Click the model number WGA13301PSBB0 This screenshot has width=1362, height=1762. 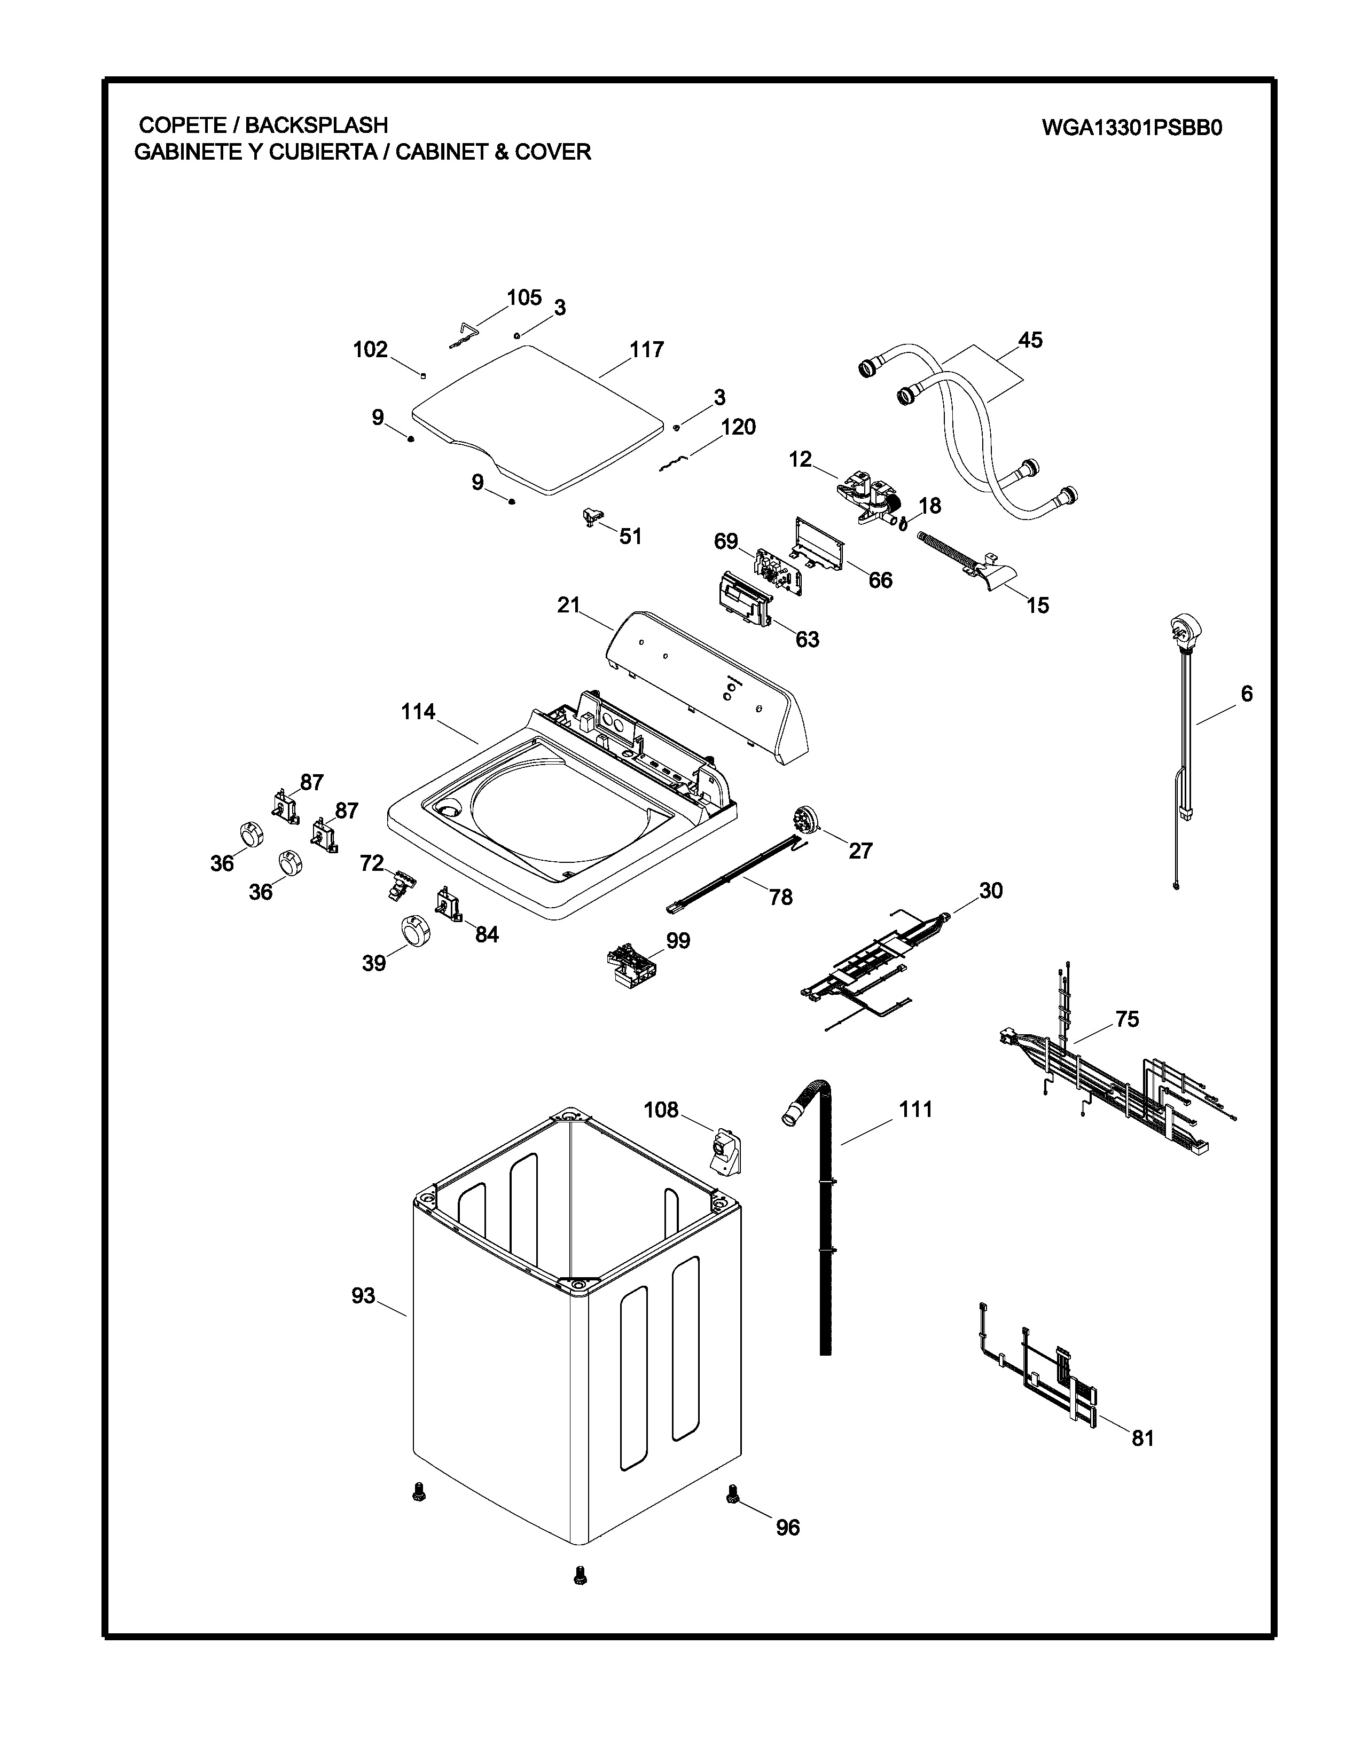coord(1131,128)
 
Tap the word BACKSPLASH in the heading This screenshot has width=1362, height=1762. coord(316,125)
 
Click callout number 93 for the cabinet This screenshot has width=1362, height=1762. coord(363,1296)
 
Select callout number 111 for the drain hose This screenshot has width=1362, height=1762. coord(916,1110)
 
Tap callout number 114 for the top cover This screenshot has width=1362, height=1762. coord(418,712)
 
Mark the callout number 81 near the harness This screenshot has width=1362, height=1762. coord(1142,1438)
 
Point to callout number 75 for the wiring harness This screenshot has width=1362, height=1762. coord(1126,1019)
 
